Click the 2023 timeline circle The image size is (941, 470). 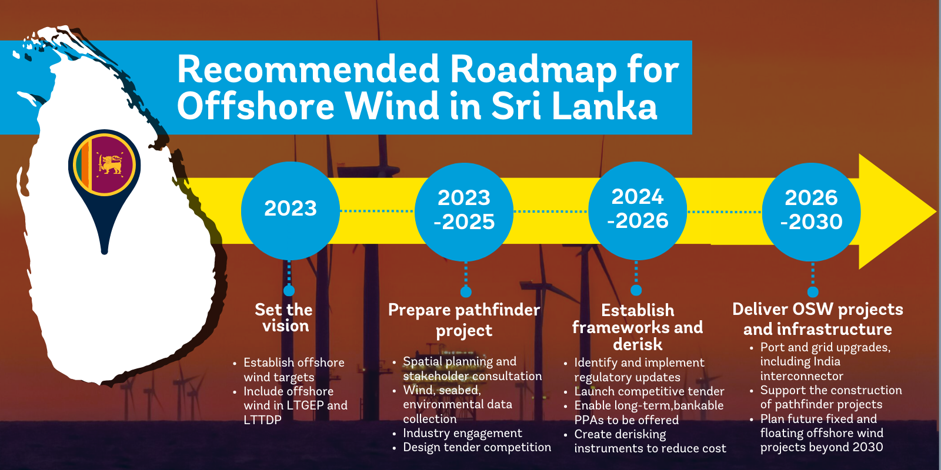coord(290,210)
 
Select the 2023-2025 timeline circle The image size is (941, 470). coord(464,211)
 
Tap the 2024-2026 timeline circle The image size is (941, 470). coord(638,210)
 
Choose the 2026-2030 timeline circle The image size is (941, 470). coord(812,211)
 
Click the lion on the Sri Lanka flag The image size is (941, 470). coord(110,164)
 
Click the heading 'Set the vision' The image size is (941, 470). coord(284,317)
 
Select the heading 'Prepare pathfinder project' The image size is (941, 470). coord(464,320)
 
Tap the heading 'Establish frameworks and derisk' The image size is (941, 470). coord(638,327)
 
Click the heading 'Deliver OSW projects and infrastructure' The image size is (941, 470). coord(817,319)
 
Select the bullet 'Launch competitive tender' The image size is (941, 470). coord(649,391)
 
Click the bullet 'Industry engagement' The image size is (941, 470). coord(462,433)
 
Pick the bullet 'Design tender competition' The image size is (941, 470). coord(477,447)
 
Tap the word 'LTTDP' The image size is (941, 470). coord(262,420)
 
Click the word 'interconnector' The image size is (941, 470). coord(801,376)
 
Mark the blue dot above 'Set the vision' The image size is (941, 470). coord(289,290)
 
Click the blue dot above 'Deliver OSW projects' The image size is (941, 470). coord(813,291)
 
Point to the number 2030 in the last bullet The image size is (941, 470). coord(867,447)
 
